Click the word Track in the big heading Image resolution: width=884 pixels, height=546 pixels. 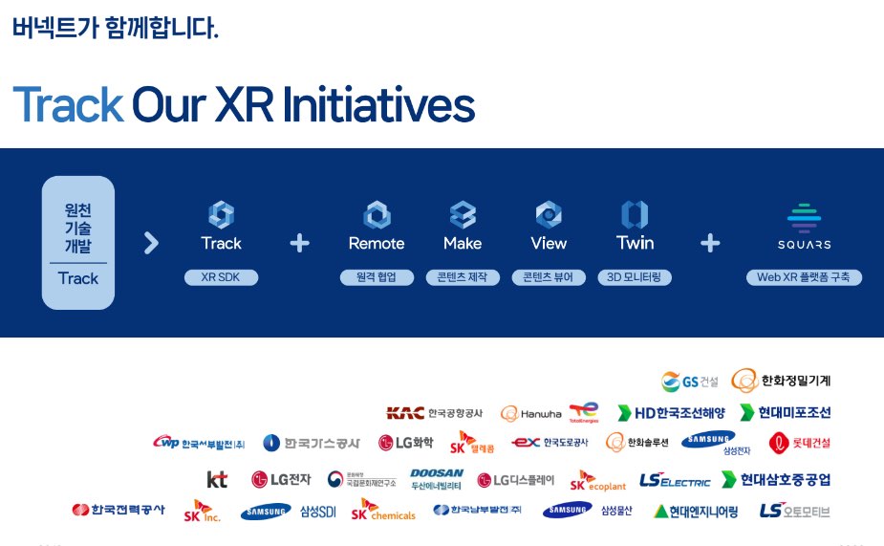(x=68, y=105)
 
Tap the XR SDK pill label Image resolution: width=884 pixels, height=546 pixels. (x=221, y=277)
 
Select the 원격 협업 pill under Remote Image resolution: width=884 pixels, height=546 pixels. (x=377, y=277)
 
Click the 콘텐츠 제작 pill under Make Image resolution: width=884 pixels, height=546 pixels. (x=463, y=277)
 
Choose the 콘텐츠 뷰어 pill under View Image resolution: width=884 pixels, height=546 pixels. (x=549, y=277)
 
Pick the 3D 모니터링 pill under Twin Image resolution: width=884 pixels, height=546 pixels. (x=635, y=277)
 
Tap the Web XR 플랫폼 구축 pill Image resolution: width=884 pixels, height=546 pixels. (x=804, y=277)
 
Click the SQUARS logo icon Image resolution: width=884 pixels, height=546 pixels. (x=804, y=216)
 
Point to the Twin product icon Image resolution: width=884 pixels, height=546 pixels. (x=635, y=213)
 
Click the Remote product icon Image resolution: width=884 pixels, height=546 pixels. (x=377, y=213)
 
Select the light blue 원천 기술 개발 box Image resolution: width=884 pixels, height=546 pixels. (x=78, y=242)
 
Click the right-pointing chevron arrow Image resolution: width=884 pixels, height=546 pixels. (x=151, y=243)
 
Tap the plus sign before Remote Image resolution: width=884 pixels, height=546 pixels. (x=299, y=243)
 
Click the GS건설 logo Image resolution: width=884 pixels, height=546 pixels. (x=689, y=382)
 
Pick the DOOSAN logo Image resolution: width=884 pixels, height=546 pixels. (x=437, y=479)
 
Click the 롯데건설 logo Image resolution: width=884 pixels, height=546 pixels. (x=800, y=442)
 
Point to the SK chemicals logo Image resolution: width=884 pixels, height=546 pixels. (x=383, y=511)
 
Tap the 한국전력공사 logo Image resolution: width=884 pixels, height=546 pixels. (x=118, y=511)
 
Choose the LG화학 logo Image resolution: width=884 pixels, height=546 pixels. (x=405, y=443)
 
